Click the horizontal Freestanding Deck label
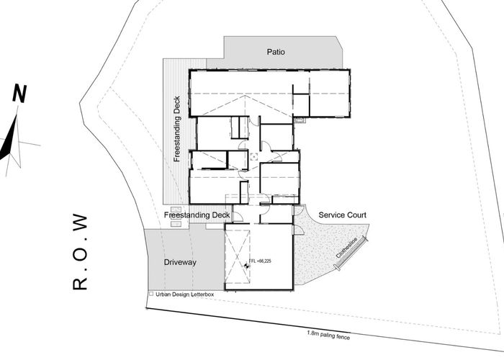197,215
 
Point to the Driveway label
180,262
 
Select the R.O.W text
81,251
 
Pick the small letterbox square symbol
150,294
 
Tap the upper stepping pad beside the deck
174,210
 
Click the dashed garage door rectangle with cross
237,259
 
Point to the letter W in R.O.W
81,222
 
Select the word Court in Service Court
355,215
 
